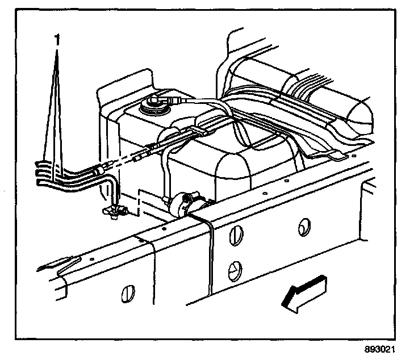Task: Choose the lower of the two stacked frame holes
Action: [233, 267]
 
